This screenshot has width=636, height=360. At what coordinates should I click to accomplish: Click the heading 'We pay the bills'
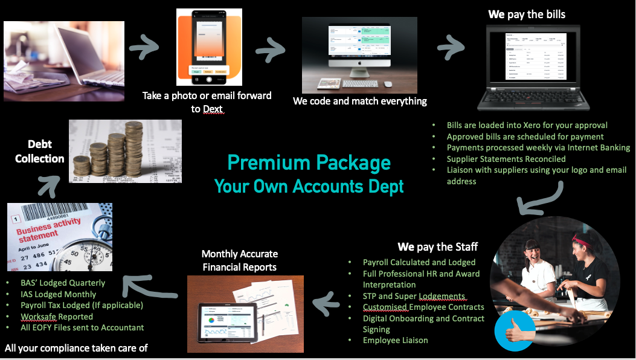527,14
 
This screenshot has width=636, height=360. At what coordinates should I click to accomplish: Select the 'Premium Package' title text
309,162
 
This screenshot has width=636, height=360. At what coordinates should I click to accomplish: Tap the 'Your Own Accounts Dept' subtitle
309,186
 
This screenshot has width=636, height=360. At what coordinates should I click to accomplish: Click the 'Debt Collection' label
39,151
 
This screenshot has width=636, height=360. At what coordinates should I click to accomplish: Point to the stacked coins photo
125,150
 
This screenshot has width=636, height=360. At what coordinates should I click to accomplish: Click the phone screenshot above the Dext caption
209,47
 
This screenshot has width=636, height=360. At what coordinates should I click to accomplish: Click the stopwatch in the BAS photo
85,248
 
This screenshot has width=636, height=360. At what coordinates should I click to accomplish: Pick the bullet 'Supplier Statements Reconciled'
506,159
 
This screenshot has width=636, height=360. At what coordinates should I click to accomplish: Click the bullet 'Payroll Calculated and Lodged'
419,262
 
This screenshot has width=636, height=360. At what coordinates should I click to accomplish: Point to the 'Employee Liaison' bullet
395,340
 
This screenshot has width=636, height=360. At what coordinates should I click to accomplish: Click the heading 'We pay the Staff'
437,246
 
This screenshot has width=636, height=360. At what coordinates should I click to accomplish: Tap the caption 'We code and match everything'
360,101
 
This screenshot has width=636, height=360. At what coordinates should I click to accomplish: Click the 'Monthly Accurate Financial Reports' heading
240,260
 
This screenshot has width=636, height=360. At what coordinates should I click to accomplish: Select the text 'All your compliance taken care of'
76,348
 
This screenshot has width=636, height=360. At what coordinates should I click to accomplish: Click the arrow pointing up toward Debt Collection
47,183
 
